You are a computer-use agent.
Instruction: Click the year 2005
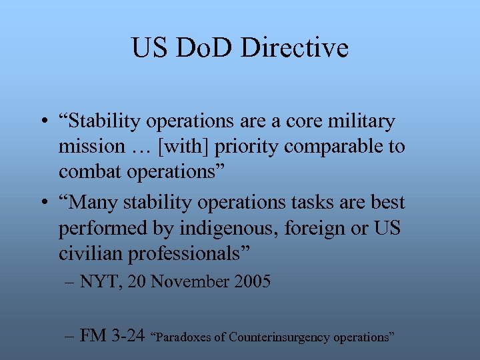pos(252,282)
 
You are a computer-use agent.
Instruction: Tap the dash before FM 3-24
pos(70,336)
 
